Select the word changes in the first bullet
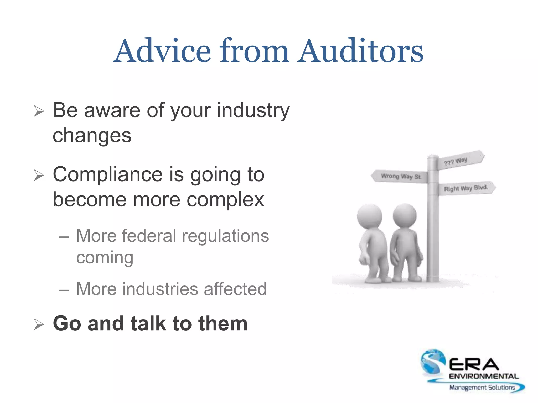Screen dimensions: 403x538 tap(92, 136)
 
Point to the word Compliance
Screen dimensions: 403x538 tap(108, 174)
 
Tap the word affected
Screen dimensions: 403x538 tap(235, 289)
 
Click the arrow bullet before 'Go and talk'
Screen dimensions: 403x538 tap(39, 325)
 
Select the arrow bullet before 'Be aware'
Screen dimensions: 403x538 tap(39, 112)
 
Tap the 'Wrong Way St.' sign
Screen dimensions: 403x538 tap(400, 176)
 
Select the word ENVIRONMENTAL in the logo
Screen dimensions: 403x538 tap(484, 376)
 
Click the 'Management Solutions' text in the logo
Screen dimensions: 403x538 tap(482, 388)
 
